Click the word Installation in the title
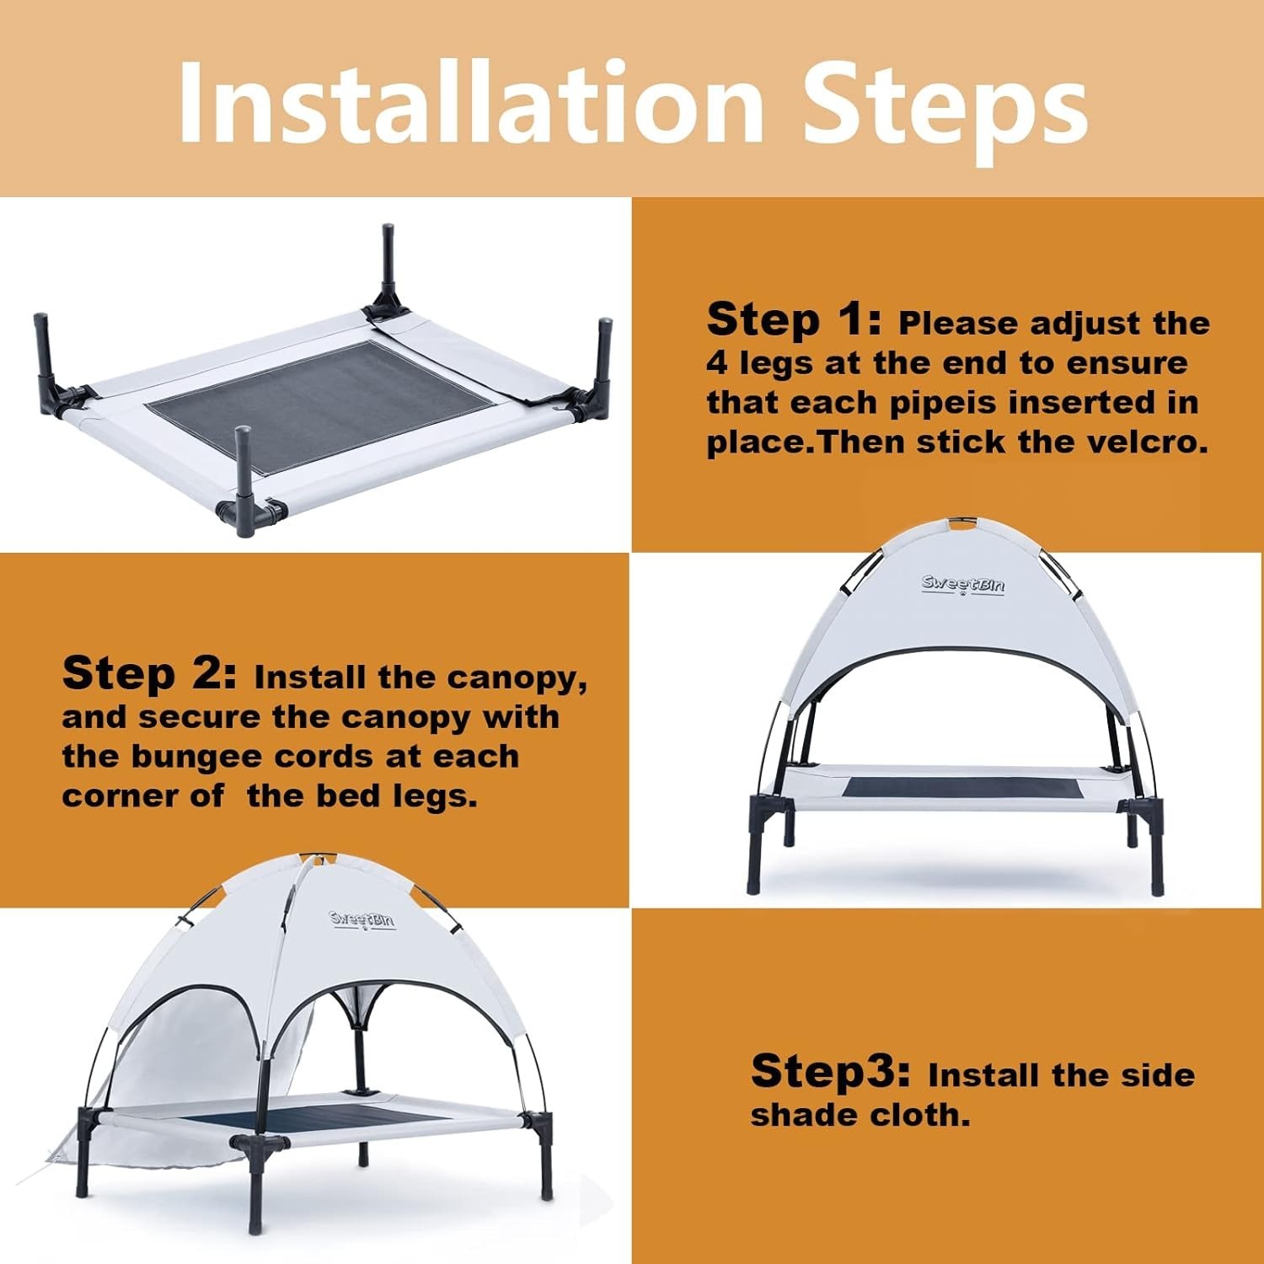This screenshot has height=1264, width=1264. pyautogui.click(x=471, y=103)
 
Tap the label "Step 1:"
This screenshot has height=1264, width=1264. pyautogui.click(x=794, y=319)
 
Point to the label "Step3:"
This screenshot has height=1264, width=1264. pyautogui.click(x=830, y=1070)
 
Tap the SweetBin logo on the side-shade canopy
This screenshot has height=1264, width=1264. pyautogui.click(x=362, y=919)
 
